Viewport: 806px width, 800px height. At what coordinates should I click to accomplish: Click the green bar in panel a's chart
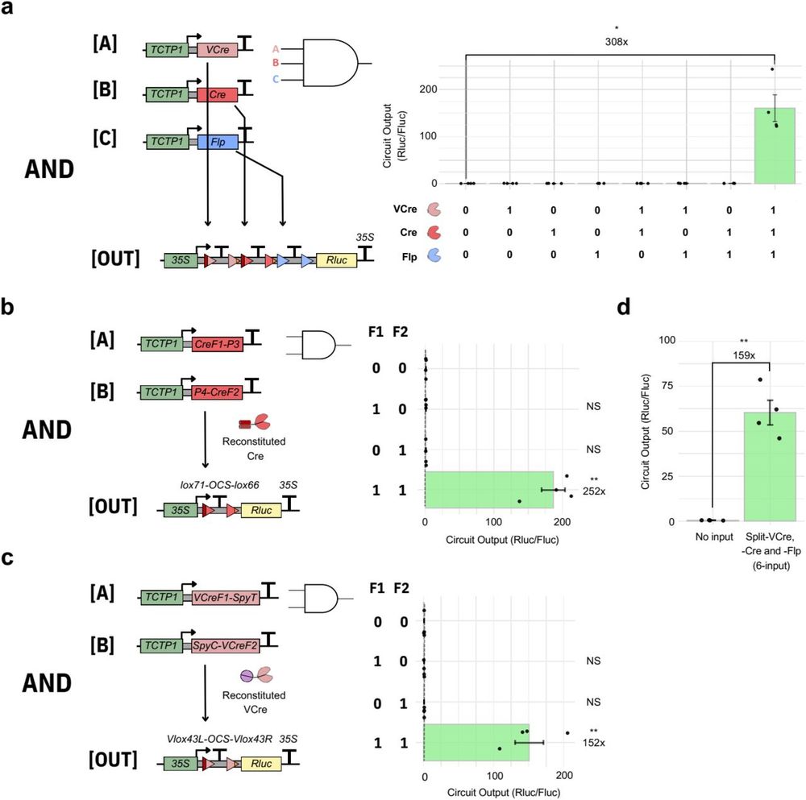coord(775,146)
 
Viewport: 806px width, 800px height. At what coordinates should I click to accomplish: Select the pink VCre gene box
coord(217,50)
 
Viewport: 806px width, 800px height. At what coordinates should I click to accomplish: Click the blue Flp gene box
coord(217,143)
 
